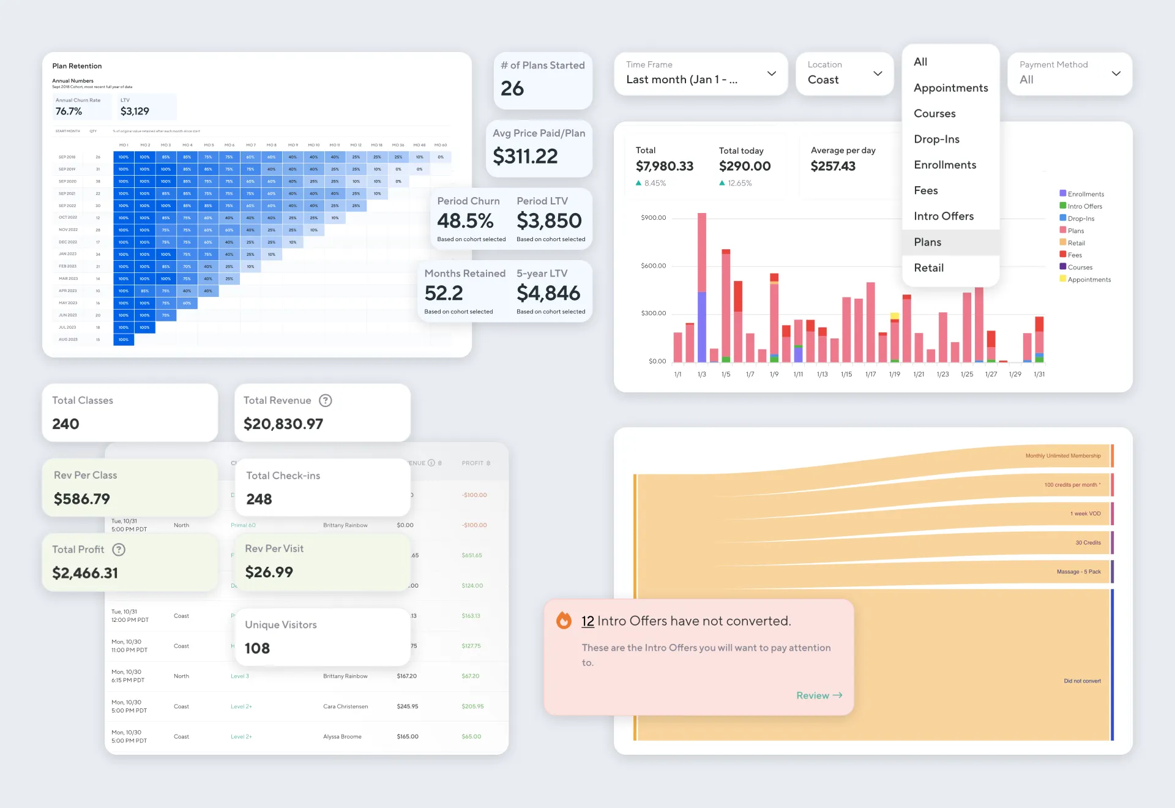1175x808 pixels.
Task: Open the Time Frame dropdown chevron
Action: (771, 73)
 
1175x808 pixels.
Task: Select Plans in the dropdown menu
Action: (927, 242)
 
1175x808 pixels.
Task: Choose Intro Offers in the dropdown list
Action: (943, 217)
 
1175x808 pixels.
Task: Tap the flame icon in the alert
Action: (564, 621)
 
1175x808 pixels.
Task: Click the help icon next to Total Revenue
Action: (326, 400)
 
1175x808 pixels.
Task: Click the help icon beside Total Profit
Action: (119, 550)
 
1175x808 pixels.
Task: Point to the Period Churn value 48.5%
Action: (465, 221)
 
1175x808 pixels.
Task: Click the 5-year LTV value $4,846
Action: (548, 293)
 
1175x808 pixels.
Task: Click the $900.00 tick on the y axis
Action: (653, 218)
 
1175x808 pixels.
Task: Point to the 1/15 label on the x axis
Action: (846, 374)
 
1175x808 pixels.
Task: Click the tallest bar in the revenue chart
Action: (702, 288)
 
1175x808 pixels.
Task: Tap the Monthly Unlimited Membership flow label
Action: (1062, 456)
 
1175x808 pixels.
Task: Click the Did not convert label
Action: (1081, 681)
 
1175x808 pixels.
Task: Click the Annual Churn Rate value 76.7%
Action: (69, 111)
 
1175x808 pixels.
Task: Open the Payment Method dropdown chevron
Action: (1116, 73)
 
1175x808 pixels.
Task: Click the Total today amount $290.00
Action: (744, 166)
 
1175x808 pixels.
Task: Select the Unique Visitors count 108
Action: (257, 648)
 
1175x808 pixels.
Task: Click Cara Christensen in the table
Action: (345, 706)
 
